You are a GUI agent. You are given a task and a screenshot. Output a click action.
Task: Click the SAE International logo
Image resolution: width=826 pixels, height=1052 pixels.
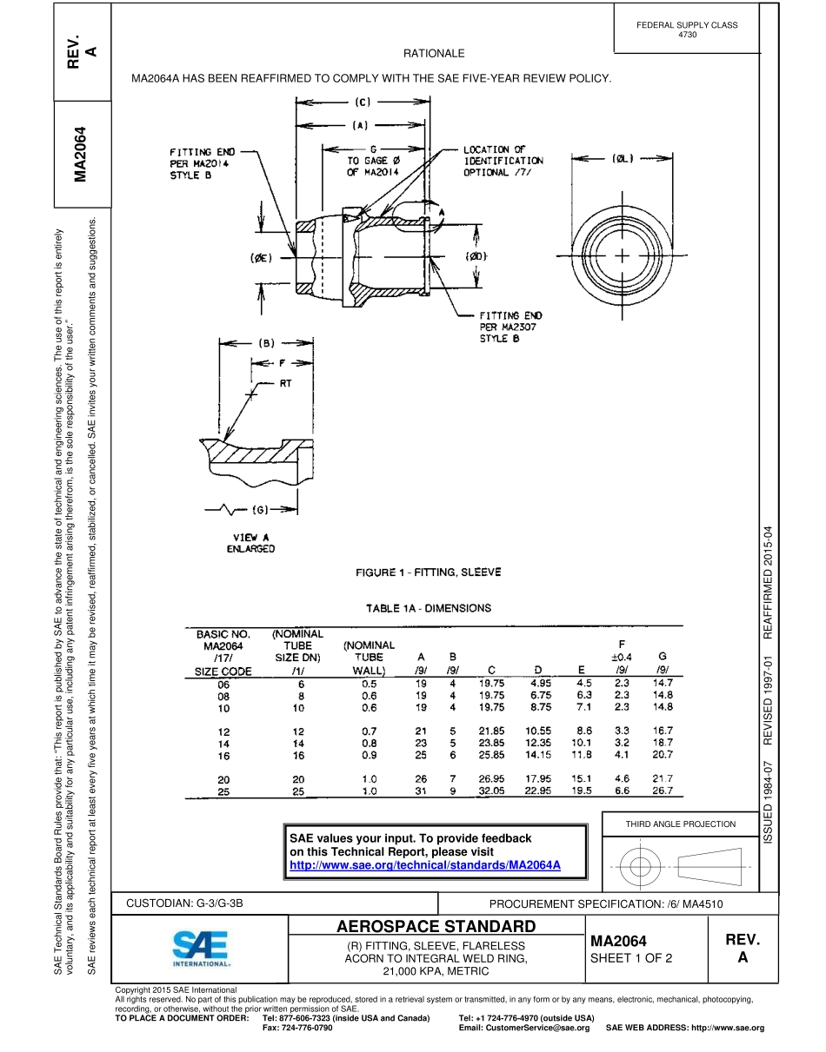pos(200,949)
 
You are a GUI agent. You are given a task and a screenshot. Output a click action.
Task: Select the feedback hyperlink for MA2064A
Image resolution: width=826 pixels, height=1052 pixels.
pos(424,865)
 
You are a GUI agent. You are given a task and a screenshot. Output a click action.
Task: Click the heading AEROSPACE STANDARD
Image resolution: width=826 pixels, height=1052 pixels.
pos(436,926)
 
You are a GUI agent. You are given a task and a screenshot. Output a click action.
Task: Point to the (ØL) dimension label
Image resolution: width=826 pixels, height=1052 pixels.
pos(623,158)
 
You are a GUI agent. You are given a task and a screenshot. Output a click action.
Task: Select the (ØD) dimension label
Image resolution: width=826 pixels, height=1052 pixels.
pos(476,256)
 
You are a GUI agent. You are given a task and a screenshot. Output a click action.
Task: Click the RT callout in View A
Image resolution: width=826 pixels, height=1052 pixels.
pos(285,382)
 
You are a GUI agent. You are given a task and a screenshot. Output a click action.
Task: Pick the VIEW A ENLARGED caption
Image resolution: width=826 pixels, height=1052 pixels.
pos(250,543)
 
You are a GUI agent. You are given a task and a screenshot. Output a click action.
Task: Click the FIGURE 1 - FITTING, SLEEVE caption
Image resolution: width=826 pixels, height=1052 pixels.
pos(428,572)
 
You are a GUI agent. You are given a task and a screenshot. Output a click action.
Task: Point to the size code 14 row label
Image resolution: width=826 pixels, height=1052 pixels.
pos(225,744)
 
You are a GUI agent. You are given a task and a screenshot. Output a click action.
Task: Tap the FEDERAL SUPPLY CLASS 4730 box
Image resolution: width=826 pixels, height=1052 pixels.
pos(686,30)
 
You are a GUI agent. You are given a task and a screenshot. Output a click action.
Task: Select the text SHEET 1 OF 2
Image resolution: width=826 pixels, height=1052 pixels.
pos(631,958)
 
